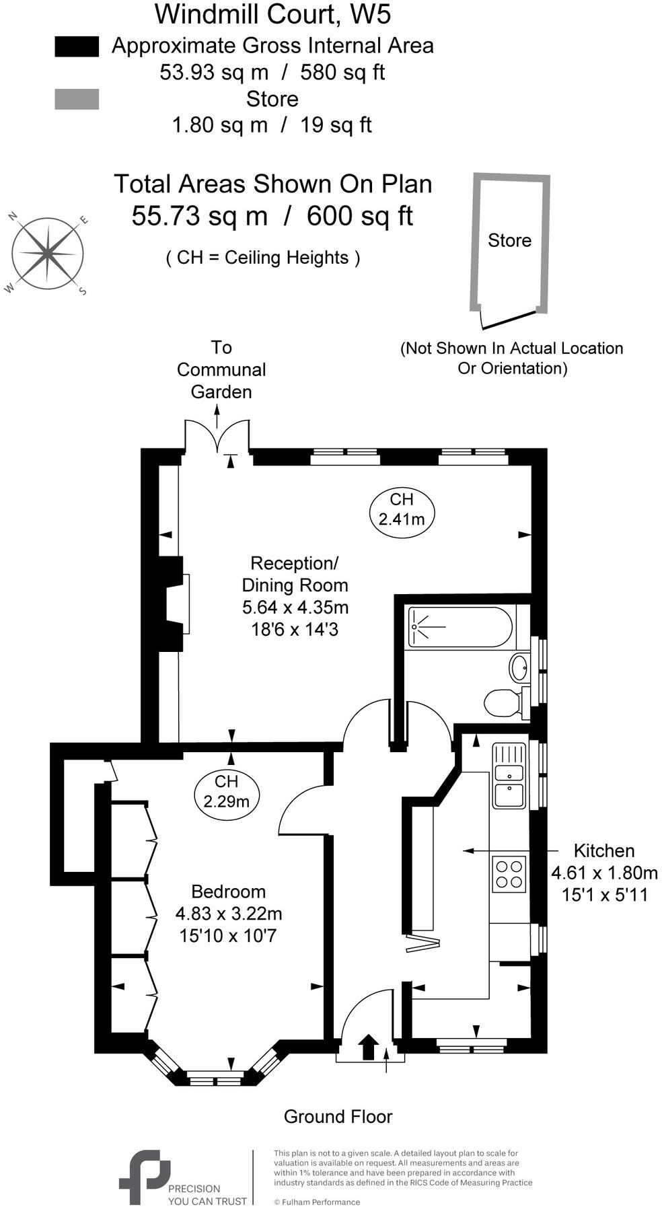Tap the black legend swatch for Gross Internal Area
(77, 46)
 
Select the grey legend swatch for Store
(77, 99)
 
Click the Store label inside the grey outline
(509, 240)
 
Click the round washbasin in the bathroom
(519, 667)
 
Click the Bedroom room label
(228, 891)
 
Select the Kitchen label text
(604, 850)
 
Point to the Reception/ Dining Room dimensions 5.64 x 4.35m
(295, 608)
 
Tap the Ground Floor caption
(338, 1117)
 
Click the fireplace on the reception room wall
(174, 603)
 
